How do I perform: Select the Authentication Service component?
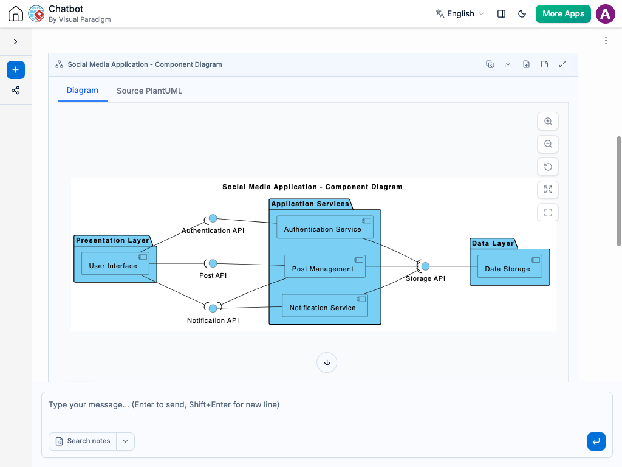coord(324,227)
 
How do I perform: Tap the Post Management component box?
coord(325,266)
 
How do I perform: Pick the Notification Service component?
coord(325,305)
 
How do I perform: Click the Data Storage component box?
coord(510,266)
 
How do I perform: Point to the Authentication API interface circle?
coord(213,218)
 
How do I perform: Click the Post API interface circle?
coord(213,263)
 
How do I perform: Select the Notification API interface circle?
coord(213,308)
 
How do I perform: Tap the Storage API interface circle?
coord(425,266)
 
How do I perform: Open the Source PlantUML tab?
coord(149,91)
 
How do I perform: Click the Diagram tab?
coord(82,90)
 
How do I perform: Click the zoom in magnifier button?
coord(548,121)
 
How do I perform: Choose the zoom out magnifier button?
coord(548,144)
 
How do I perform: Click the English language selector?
coord(460,13)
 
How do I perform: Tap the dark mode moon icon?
coord(522,13)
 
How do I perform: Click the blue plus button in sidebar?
coord(15,70)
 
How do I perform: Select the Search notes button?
coord(83,441)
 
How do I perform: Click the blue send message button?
coord(596,441)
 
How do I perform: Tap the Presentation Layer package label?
coord(112,240)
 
